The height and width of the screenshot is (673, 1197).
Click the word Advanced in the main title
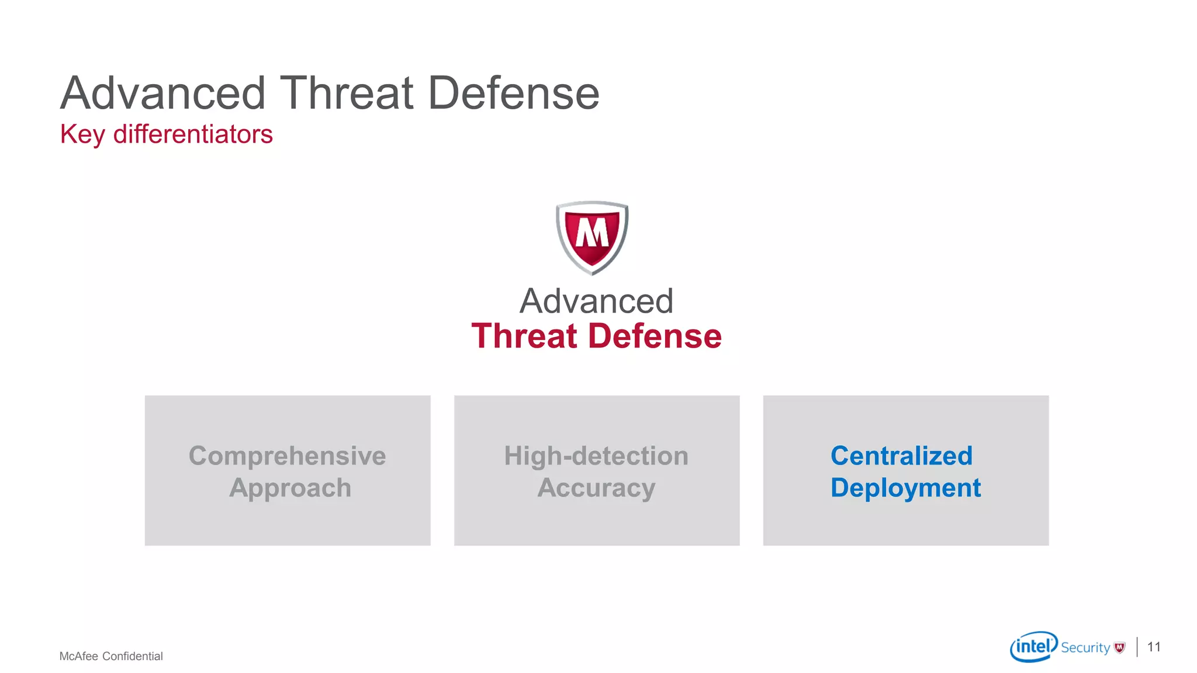click(163, 93)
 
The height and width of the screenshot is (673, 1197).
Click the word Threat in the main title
click(347, 93)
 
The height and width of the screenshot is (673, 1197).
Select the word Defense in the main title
click(514, 93)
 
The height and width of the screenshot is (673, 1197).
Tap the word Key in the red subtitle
click(82, 135)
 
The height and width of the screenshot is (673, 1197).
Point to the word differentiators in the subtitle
click(193, 134)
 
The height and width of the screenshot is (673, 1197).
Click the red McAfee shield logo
click(592, 237)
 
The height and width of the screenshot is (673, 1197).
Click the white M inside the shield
click(592, 233)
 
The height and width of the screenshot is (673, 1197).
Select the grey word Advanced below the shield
click(596, 301)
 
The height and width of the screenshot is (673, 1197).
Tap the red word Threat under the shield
click(524, 336)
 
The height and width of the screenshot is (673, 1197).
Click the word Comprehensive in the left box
click(287, 456)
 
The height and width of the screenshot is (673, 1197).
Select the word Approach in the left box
click(290, 488)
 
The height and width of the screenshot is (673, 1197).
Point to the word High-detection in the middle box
click(596, 456)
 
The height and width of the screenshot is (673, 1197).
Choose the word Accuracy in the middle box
click(596, 488)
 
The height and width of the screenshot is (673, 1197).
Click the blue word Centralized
click(901, 456)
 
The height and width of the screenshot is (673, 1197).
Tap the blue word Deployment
click(905, 488)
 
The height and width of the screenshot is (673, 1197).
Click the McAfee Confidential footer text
click(111, 656)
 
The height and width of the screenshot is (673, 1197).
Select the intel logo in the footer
click(1033, 646)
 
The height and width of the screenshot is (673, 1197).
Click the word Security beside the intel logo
click(1085, 648)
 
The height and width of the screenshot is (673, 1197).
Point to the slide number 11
click(1154, 647)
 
